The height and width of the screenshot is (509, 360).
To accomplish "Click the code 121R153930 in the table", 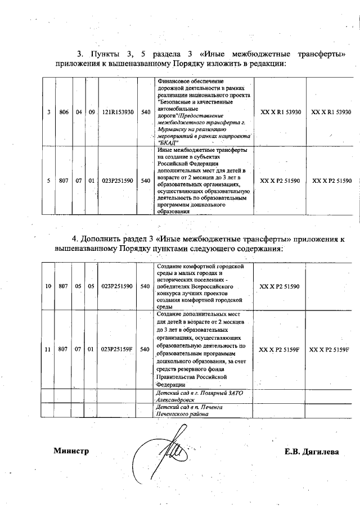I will pos(118,112).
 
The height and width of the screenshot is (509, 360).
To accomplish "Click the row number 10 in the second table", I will pos(48,286).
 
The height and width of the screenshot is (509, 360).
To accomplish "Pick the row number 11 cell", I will pos(48,349).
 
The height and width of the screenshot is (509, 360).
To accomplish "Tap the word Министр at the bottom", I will pos(71,451).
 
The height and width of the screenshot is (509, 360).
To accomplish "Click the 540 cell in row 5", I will pos(145,181).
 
